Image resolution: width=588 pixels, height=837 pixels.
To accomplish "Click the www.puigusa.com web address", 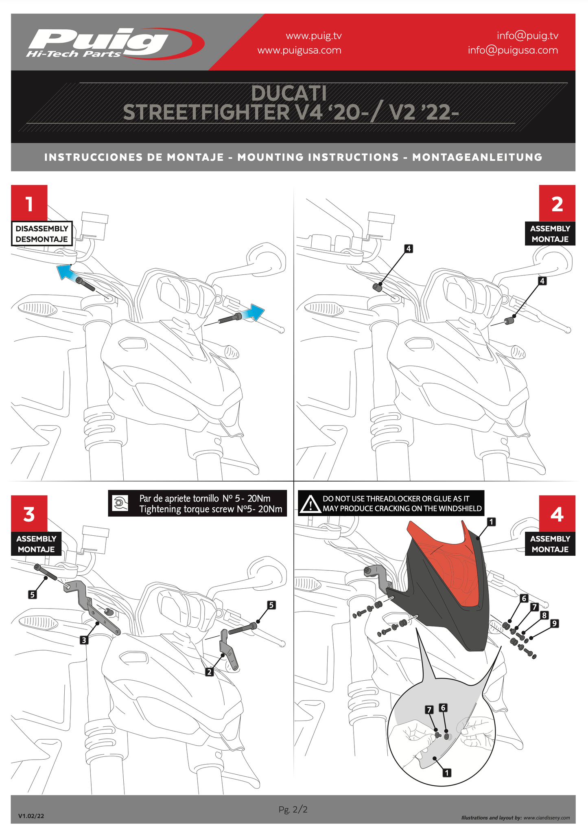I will (x=299, y=50).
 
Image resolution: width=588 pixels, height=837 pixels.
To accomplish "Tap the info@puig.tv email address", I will (x=527, y=36).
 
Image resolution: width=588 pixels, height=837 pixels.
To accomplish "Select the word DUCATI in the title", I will (x=289, y=93).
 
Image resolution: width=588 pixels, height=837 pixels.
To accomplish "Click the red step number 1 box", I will (x=29, y=203).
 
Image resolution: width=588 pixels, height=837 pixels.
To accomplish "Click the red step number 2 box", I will (x=557, y=203).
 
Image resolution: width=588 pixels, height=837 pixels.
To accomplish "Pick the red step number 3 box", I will (x=29, y=513).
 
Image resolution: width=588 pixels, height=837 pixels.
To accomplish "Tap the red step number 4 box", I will (x=557, y=513).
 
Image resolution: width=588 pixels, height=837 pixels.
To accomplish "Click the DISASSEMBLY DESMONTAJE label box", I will (x=42, y=234).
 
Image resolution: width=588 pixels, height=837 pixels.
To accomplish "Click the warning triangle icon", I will (x=310, y=504).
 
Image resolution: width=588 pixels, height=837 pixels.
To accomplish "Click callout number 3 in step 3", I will (x=84, y=640).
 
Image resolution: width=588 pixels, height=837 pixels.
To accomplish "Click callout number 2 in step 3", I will (x=209, y=672).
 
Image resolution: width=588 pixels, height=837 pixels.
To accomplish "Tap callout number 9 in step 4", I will (x=554, y=623).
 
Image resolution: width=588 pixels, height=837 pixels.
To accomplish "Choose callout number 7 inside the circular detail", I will (x=429, y=710).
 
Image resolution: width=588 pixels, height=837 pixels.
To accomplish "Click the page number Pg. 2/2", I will (x=293, y=809).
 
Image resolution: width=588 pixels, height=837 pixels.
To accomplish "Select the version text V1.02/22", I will (x=31, y=816).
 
